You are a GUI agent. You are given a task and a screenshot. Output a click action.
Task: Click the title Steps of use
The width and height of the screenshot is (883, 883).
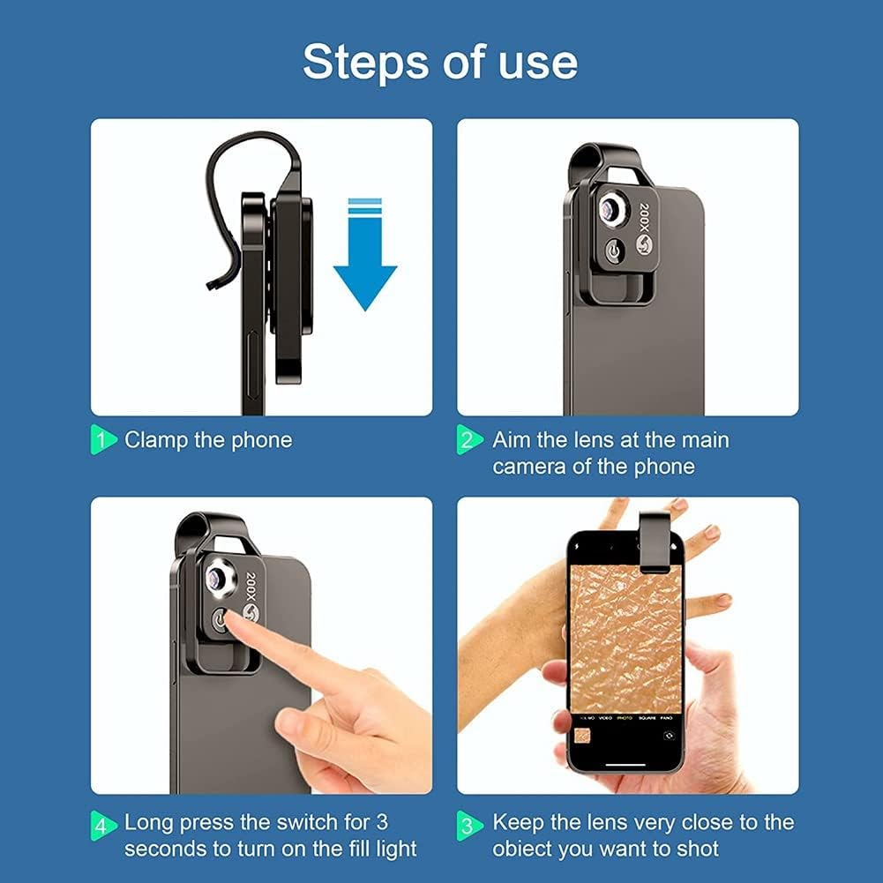[440, 62]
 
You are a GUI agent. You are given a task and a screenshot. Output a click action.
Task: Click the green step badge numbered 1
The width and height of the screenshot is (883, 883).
[102, 440]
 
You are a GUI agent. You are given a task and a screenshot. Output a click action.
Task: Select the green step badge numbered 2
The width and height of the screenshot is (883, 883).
[469, 440]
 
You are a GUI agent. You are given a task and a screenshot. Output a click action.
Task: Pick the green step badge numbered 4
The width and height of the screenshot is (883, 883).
[102, 824]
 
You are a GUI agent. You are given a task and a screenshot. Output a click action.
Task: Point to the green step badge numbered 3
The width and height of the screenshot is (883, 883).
[469, 824]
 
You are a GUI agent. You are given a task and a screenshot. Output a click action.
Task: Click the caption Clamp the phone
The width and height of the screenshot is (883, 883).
[208, 440]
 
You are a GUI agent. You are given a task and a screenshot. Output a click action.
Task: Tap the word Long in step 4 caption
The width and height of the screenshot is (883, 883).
[149, 823]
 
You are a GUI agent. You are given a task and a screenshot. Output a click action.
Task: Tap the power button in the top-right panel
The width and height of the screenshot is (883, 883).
[614, 252]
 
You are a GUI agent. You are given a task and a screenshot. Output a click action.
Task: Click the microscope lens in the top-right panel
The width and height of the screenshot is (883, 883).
[610, 208]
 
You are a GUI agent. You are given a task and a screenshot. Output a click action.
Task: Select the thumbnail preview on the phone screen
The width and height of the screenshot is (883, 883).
[582, 734]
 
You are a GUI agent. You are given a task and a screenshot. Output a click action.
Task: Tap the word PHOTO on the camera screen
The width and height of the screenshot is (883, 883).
[625, 717]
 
